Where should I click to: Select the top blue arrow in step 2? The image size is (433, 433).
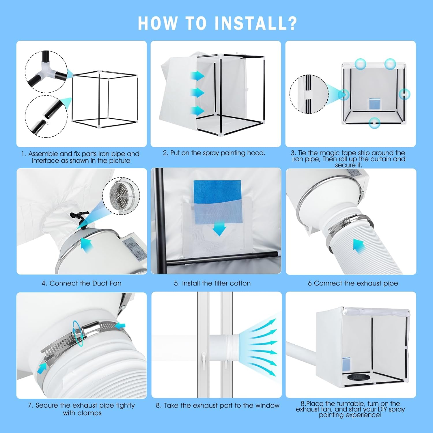pyautogui.click(x=197, y=76)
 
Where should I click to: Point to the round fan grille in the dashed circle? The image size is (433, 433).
pyautogui.click(x=121, y=196)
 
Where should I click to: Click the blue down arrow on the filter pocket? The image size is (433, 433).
pyautogui.click(x=219, y=229)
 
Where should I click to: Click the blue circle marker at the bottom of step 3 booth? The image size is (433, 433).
pyautogui.click(x=374, y=123)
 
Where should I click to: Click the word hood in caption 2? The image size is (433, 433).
pyautogui.click(x=257, y=153)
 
